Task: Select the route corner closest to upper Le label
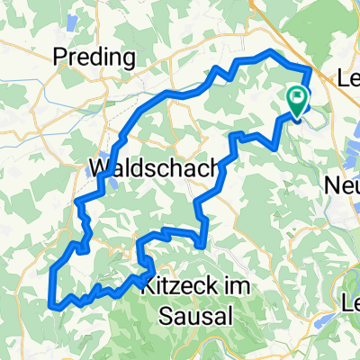311,69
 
